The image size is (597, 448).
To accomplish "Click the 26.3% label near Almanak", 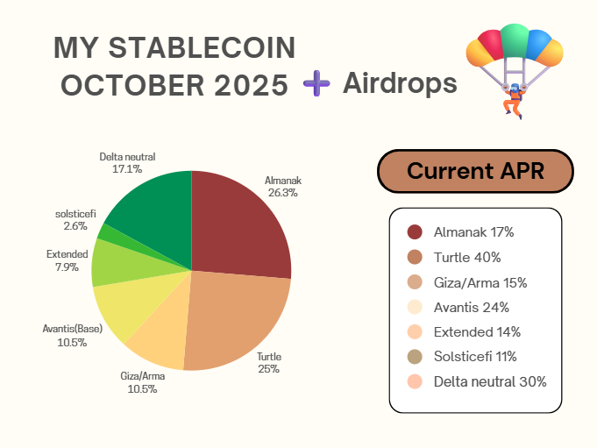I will (x=282, y=193).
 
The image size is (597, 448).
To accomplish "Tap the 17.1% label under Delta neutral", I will (x=127, y=168).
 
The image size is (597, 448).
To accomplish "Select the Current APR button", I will (x=475, y=171).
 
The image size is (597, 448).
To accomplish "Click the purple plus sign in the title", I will (x=316, y=84).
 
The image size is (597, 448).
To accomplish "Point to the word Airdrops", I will (x=400, y=83).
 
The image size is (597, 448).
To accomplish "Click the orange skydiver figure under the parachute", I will (x=513, y=102).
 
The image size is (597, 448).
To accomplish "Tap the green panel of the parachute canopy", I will (x=514, y=40).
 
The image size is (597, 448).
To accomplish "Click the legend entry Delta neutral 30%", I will (x=489, y=381).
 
